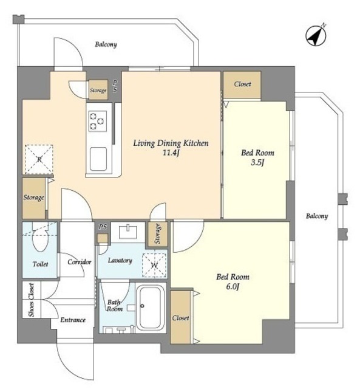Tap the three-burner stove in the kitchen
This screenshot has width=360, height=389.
(98, 121)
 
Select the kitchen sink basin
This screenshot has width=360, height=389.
(98, 159)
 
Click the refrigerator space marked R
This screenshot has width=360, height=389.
(39, 159)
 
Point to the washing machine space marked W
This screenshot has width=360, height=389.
(154, 265)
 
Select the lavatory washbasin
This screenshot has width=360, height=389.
(128, 232)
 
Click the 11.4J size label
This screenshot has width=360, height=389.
(171, 153)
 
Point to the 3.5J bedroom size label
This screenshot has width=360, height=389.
(257, 162)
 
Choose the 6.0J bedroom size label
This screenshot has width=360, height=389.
(233, 287)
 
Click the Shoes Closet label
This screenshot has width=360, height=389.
(31, 300)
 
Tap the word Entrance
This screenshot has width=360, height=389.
(73, 320)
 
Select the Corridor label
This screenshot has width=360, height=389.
(80, 262)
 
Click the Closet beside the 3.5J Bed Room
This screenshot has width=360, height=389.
(242, 84)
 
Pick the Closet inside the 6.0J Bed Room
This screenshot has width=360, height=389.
(180, 317)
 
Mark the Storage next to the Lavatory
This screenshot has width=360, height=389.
(158, 234)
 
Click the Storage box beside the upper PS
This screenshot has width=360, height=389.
(98, 89)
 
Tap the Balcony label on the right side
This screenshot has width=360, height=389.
(317, 216)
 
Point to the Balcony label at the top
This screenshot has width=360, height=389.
(106, 44)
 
